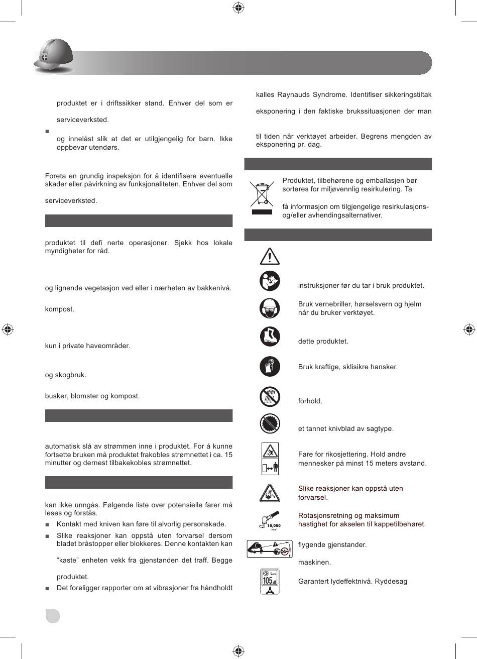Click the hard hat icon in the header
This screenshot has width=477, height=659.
(53, 56)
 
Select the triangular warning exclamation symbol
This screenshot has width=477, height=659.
(270, 256)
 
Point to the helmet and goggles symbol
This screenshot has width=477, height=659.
(270, 308)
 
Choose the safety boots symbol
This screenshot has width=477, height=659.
(270, 337)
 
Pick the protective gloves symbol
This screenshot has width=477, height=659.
(270, 366)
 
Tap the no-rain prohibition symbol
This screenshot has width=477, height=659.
(270, 397)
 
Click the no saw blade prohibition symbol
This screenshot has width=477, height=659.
(270, 423)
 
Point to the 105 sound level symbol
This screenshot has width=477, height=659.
(270, 581)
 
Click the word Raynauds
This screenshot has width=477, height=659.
(310, 95)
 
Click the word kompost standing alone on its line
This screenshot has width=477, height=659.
(60, 309)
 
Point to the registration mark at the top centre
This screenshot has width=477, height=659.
(238, 8)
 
